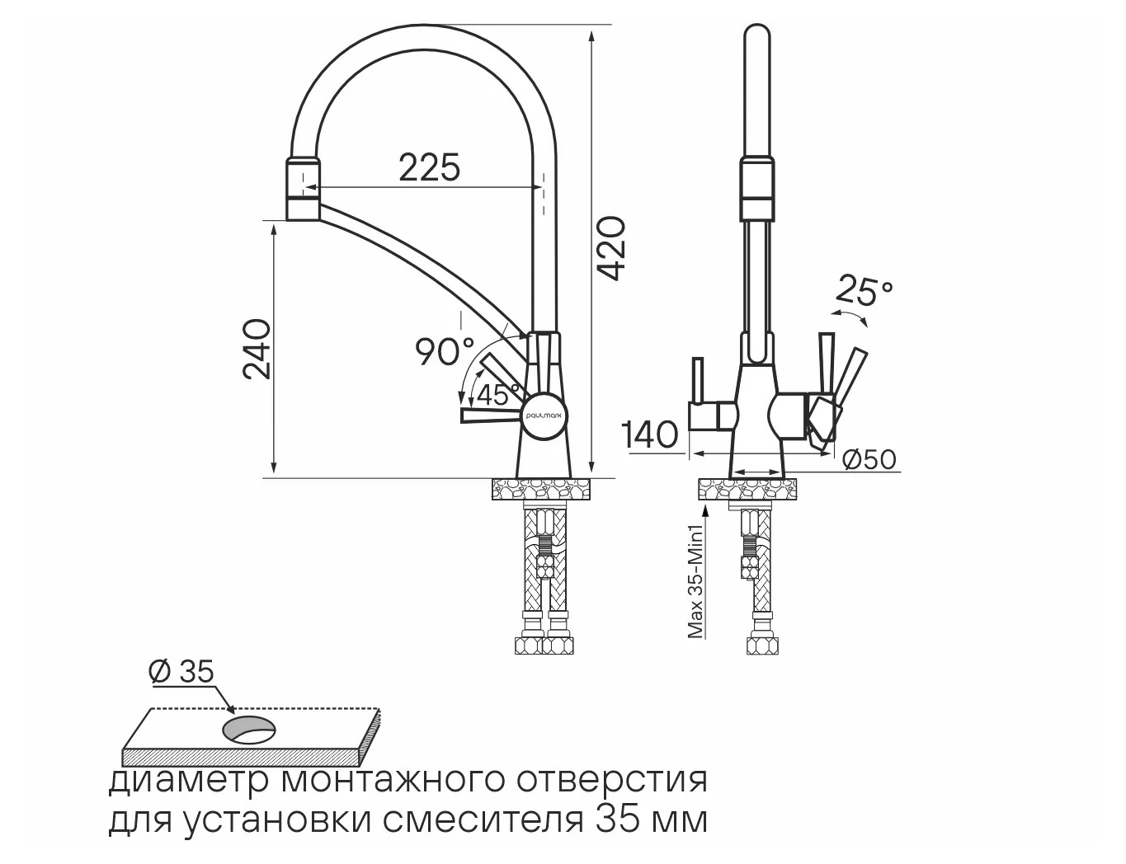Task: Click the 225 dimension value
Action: [x=430, y=167]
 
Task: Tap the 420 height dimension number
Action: [x=611, y=248]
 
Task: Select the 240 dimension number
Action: [x=257, y=350]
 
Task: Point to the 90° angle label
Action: [x=445, y=351]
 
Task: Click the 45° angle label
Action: [x=498, y=394]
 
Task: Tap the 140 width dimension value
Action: [x=652, y=434]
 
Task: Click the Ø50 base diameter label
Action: [x=869, y=458]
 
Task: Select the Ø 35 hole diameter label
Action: [x=181, y=672]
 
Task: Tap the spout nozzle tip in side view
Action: [x=303, y=190]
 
